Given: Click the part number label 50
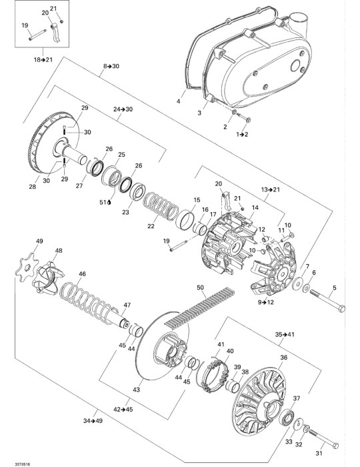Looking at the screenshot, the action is pyautogui.click(x=201, y=288).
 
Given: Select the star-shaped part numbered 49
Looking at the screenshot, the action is pyautogui.click(x=27, y=267).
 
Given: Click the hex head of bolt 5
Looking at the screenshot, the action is pyautogui.click(x=341, y=308).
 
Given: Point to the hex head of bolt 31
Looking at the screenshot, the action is pyautogui.click(x=335, y=446).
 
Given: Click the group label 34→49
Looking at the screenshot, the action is pyautogui.click(x=93, y=421).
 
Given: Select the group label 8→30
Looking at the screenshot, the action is pyautogui.click(x=111, y=66).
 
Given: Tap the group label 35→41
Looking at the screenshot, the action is pyautogui.click(x=285, y=334).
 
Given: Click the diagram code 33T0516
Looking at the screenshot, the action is pyautogui.click(x=23, y=464).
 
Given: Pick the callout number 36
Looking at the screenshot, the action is pyautogui.click(x=284, y=357).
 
